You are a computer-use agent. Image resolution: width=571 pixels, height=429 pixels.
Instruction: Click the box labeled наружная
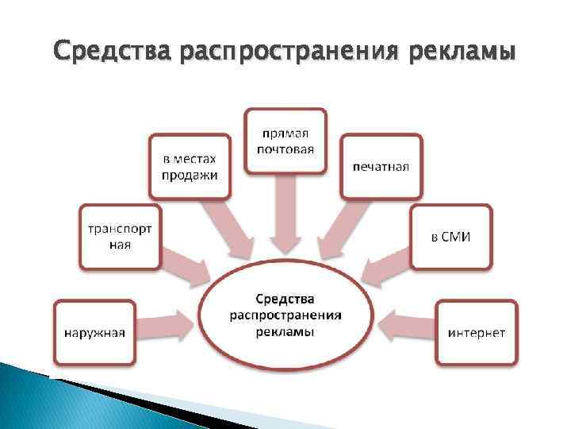point(94,332)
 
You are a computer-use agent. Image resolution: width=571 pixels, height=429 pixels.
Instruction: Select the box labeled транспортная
point(121,236)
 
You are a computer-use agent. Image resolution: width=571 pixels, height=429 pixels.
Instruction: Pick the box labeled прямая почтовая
point(285,141)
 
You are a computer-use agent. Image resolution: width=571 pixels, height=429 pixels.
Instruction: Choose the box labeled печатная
point(381,166)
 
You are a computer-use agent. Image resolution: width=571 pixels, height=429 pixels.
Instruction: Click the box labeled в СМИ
point(450,237)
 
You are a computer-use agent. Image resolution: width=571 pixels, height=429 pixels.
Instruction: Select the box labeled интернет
point(476,332)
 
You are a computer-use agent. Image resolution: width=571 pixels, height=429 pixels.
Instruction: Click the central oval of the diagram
point(285,315)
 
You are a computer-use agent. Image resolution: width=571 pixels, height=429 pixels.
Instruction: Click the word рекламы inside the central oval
point(285,331)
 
